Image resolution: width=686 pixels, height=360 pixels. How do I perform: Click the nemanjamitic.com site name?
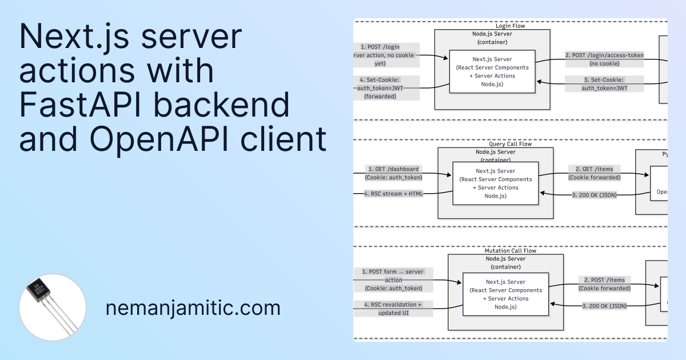(x=193, y=309)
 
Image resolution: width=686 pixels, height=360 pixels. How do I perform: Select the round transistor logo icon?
(x=53, y=307)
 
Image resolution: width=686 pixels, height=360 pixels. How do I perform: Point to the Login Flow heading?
(x=510, y=26)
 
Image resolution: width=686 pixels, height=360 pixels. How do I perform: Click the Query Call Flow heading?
(x=510, y=144)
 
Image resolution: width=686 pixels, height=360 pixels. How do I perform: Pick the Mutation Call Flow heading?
(x=510, y=250)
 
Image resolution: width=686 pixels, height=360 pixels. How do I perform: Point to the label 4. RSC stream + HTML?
(x=394, y=194)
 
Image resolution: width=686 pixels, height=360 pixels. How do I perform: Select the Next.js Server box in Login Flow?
(x=492, y=71)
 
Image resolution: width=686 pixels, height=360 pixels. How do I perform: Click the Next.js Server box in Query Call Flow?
(x=495, y=183)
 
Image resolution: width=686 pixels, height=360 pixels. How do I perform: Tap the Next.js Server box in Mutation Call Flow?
(x=505, y=294)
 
